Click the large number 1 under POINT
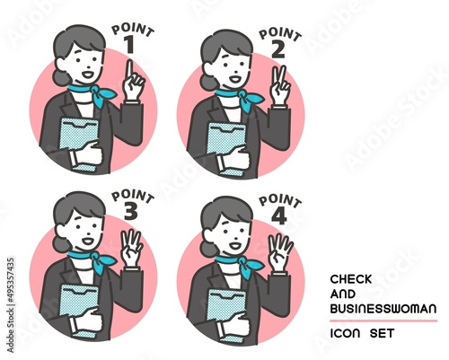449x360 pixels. tap(129, 45)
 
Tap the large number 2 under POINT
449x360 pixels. tap(278, 49)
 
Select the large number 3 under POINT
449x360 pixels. tap(131, 211)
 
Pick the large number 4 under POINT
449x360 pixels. tap(279, 216)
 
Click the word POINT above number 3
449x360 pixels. tap(133, 197)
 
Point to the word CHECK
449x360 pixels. tap(351, 279)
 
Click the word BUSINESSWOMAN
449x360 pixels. tap(383, 309)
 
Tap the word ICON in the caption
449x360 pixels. tap(345, 333)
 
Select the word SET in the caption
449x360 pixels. tap(382, 333)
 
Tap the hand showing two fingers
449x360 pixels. tap(280, 86)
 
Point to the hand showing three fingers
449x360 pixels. tap(132, 249)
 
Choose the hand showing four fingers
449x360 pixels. tap(281, 252)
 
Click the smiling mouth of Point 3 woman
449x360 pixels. tap(88, 240)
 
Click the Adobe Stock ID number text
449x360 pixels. tap(11, 305)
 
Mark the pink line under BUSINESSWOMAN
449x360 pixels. tap(383, 320)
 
